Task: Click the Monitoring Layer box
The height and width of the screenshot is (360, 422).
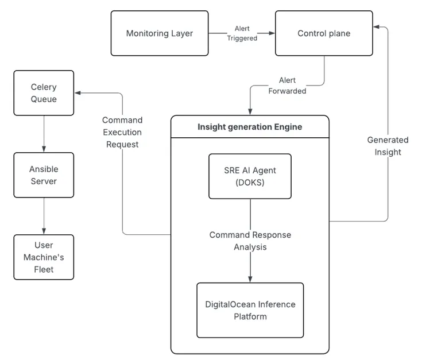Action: point(160,33)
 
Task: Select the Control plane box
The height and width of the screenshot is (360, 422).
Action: point(323,33)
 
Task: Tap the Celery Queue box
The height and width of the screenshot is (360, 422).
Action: point(44,92)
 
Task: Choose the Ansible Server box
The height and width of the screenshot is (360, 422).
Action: point(44,175)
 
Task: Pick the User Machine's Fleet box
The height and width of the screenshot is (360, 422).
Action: point(44,257)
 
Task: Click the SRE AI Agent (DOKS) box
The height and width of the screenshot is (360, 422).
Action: point(250,176)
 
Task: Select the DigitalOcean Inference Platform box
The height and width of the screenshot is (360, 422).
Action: point(250,310)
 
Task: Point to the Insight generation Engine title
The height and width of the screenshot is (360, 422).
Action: point(250,127)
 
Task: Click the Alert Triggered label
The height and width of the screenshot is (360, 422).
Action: point(242,33)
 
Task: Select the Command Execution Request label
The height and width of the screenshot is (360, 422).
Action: point(122,132)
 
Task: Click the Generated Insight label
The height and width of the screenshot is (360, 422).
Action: point(388,146)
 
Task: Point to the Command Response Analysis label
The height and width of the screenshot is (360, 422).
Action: point(250,241)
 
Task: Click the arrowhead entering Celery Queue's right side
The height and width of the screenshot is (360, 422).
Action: point(78,92)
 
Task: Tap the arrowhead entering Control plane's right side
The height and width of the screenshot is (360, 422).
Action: point(376,26)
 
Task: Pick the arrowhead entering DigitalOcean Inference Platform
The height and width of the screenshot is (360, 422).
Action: point(250,279)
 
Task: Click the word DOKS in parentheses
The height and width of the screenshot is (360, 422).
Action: point(250,183)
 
